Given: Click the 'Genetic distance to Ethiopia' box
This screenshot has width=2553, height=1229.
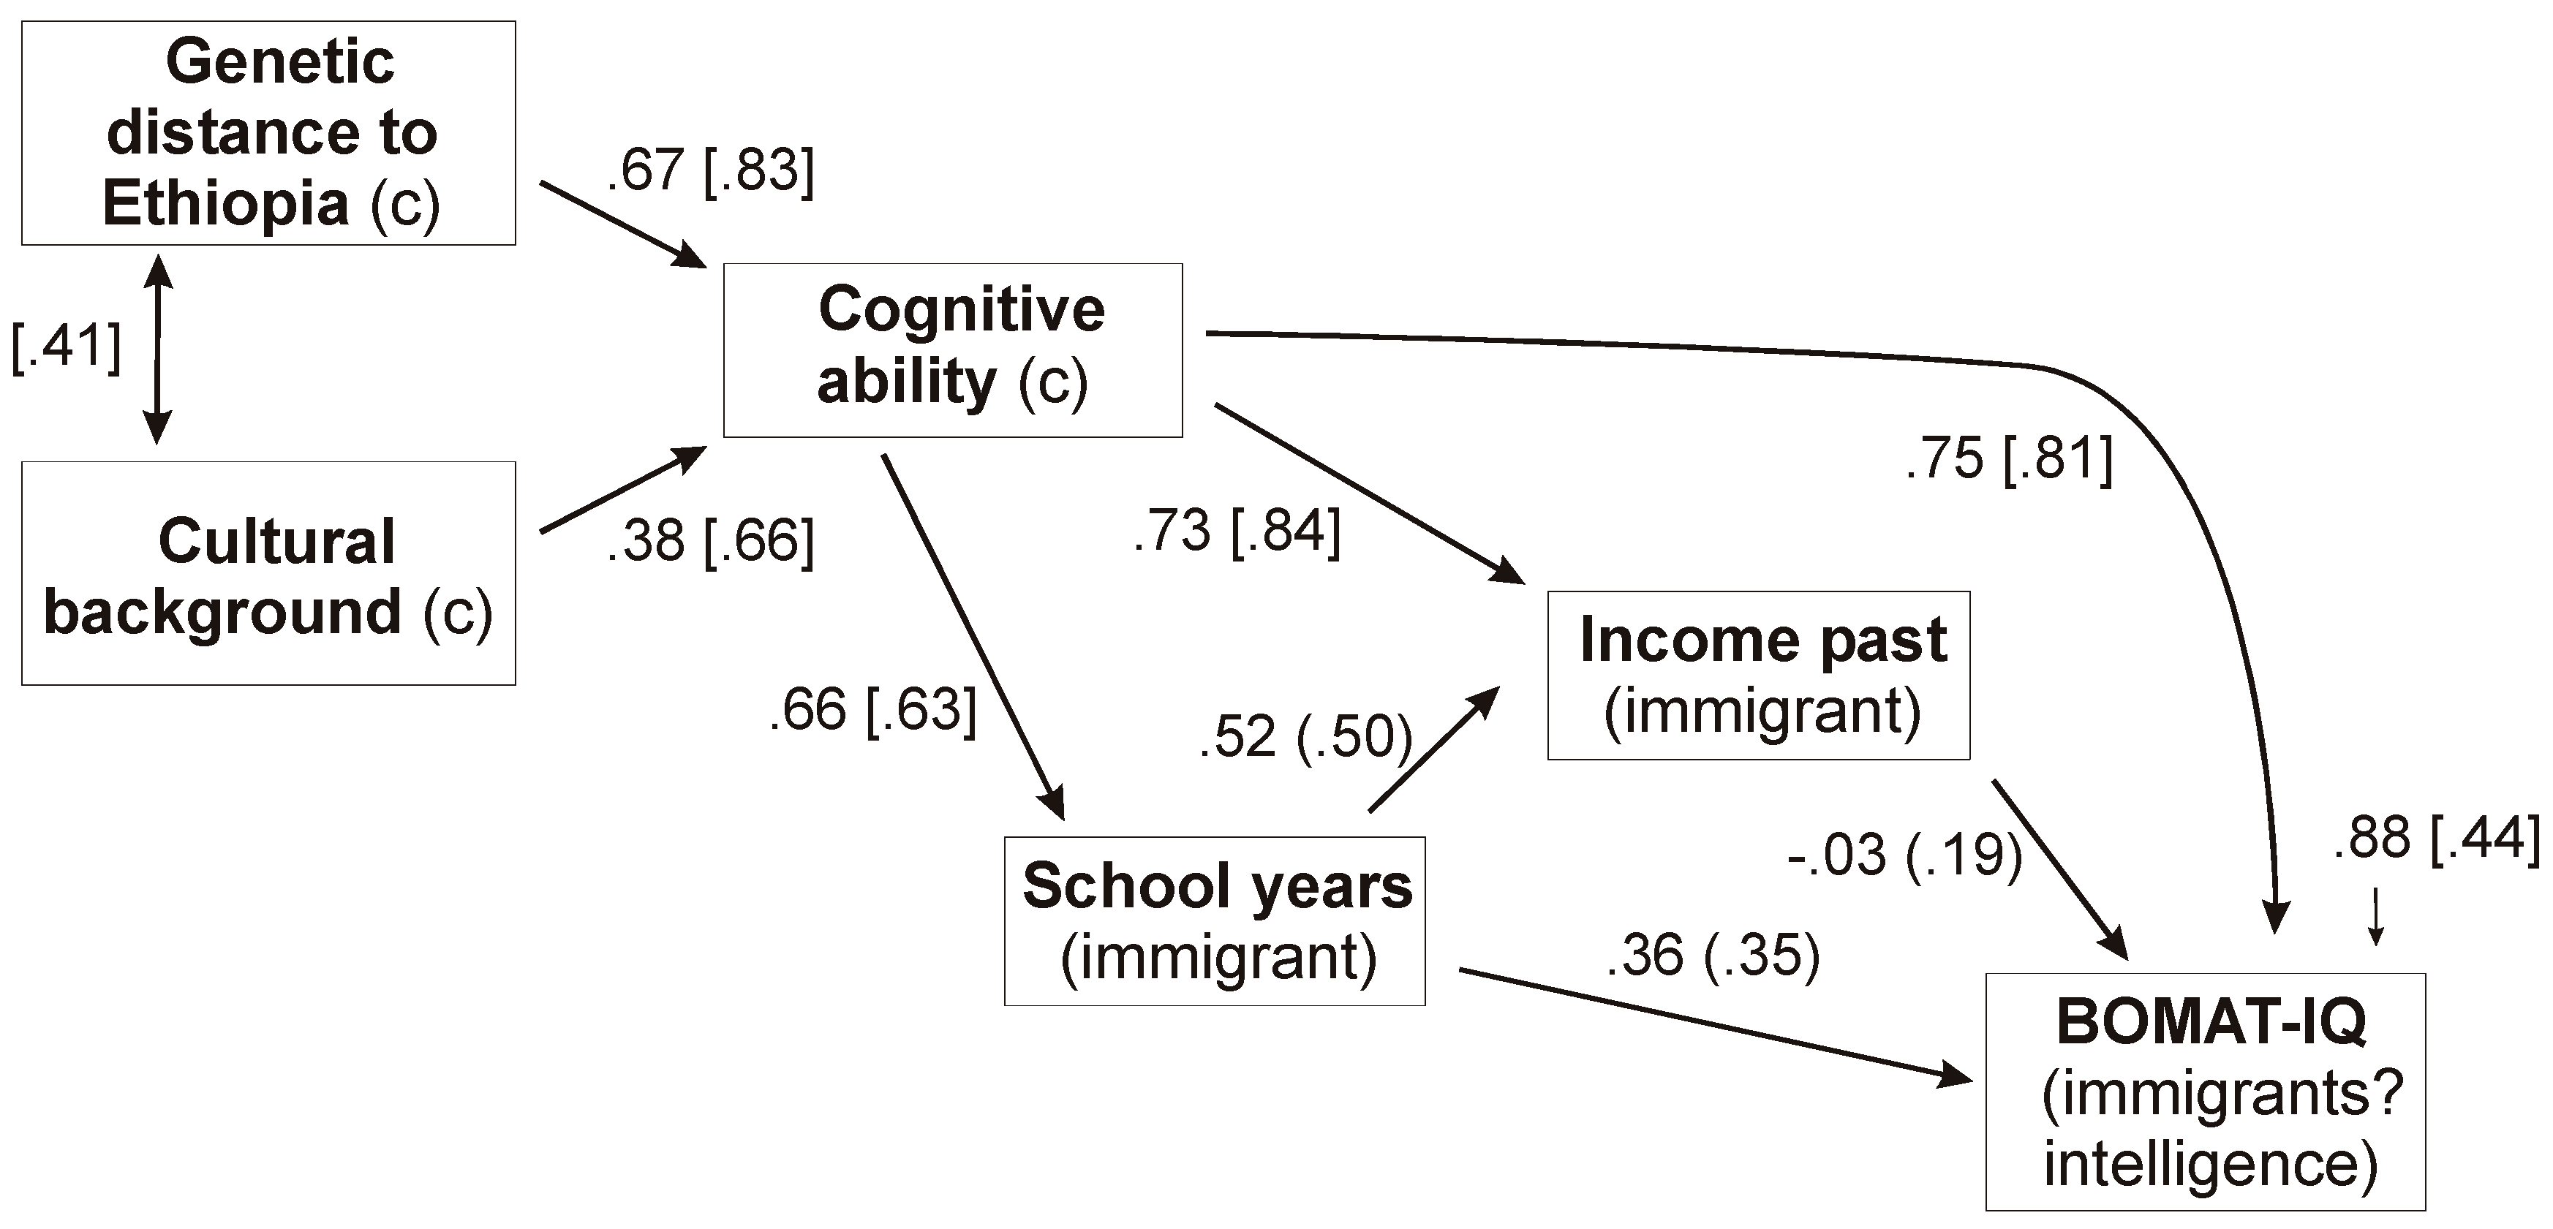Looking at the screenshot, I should (268, 133).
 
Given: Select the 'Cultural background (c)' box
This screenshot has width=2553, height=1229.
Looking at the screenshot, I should (268, 573).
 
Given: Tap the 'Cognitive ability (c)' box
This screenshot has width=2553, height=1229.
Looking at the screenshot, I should (952, 350).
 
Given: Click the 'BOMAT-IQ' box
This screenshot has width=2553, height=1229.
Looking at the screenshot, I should (2205, 1092).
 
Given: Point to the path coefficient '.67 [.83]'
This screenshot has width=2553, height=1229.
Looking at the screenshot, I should (711, 170).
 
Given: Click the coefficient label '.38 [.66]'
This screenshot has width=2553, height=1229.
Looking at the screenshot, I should (711, 540).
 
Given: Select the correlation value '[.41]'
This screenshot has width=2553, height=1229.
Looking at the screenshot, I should (65, 345).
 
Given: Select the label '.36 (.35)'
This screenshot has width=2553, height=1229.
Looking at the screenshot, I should (1713, 956).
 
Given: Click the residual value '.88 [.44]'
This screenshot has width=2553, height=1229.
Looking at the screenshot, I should (2437, 838).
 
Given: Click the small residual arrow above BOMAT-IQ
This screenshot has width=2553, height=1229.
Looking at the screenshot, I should (2375, 917).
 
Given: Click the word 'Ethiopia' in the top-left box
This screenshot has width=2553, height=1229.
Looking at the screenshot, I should (226, 203).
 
